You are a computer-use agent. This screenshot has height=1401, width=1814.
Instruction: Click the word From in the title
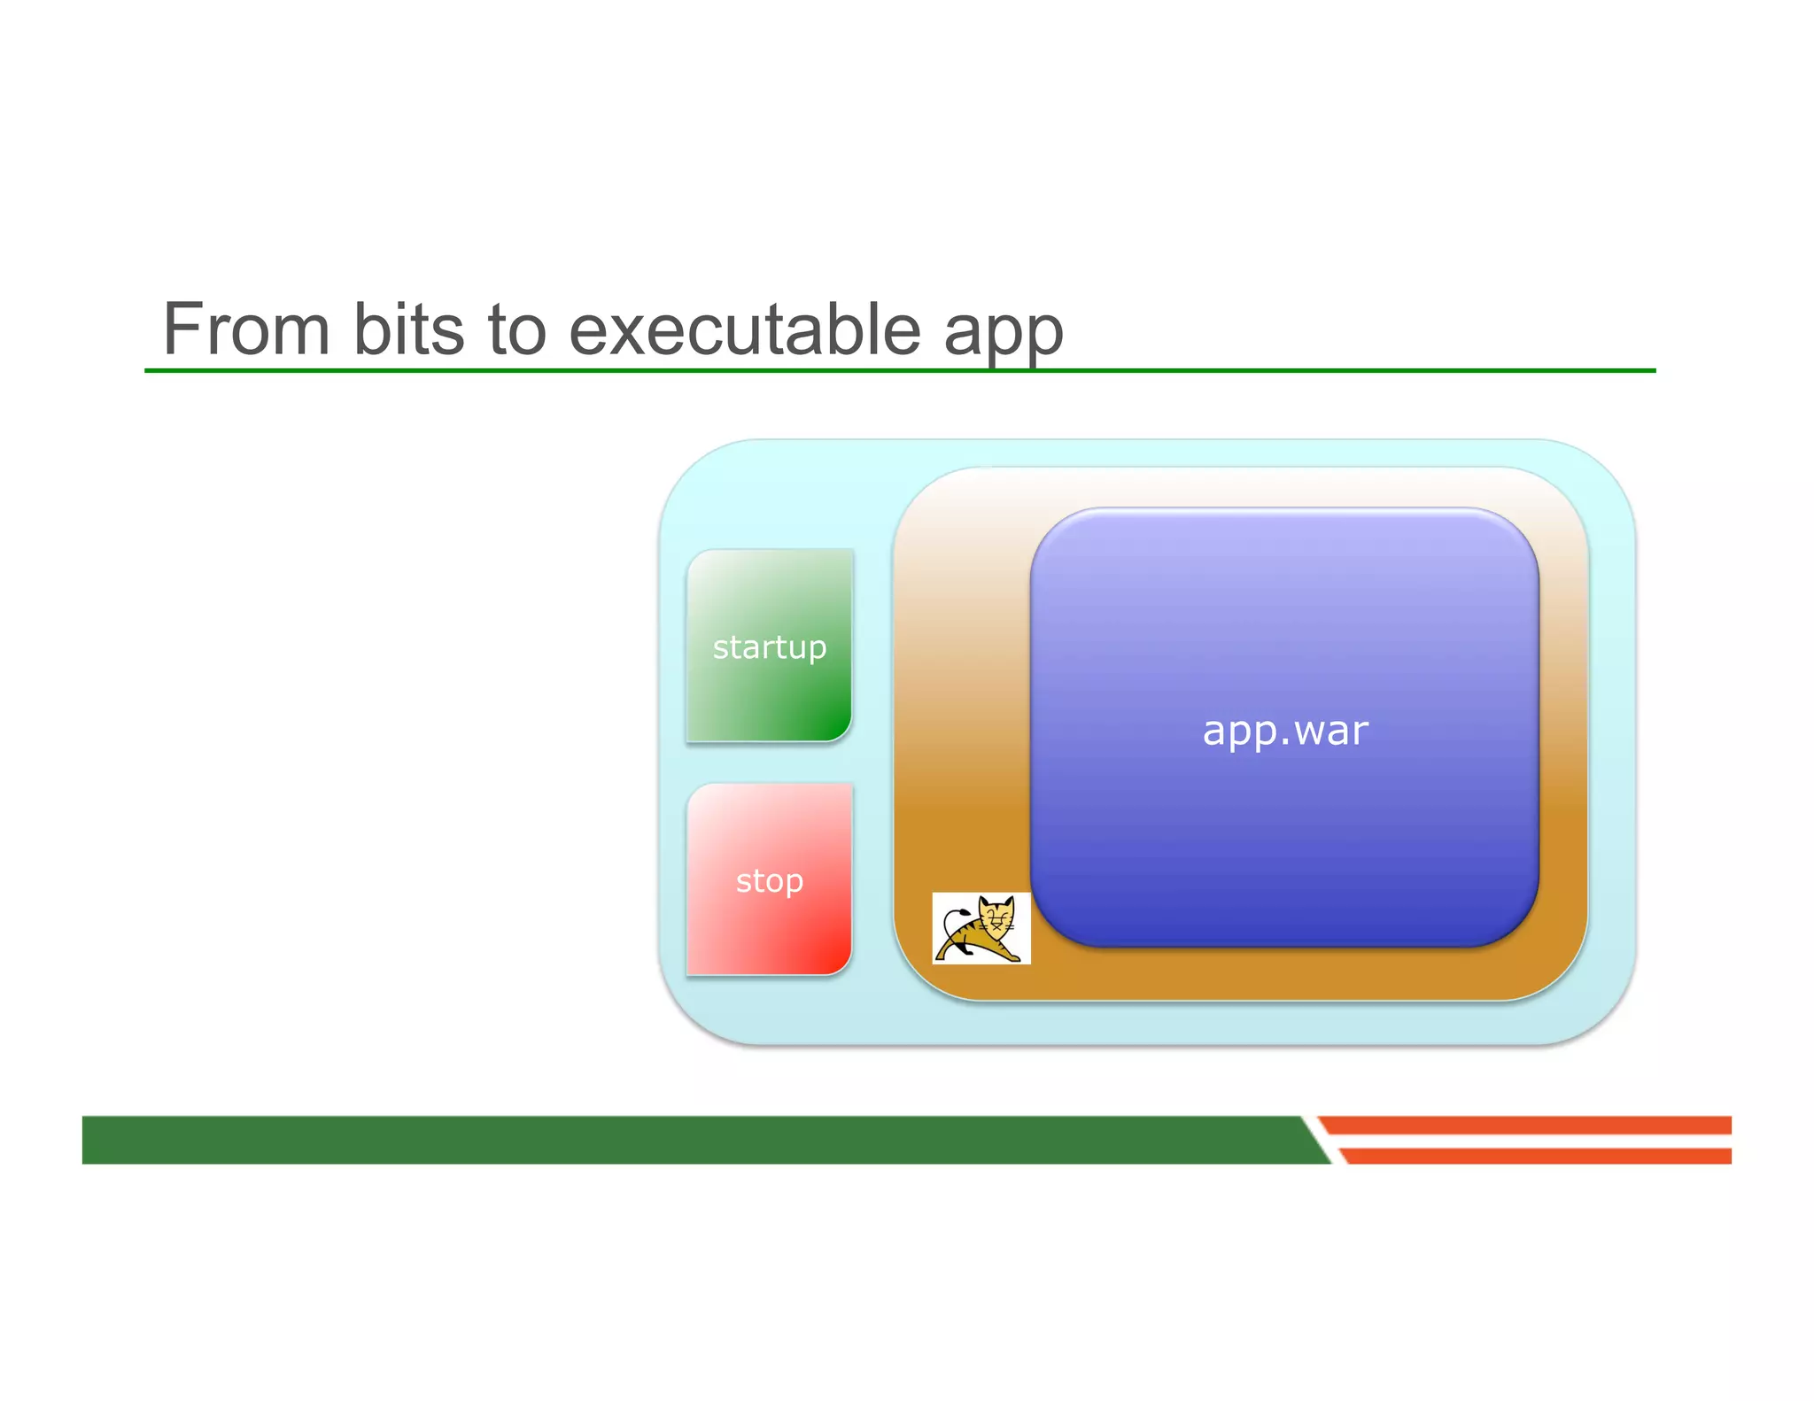246,329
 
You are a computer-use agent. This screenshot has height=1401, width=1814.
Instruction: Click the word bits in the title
408,329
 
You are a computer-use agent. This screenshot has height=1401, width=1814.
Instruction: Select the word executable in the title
745,329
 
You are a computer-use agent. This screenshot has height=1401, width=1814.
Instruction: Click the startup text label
769,647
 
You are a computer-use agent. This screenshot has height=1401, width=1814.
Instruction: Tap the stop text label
769,880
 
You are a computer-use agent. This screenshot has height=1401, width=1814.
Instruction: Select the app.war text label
1284,731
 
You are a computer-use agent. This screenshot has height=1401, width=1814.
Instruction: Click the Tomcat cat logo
981,927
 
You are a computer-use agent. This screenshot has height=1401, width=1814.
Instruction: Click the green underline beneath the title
1329,370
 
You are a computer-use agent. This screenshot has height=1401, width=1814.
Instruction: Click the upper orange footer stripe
1523,1125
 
